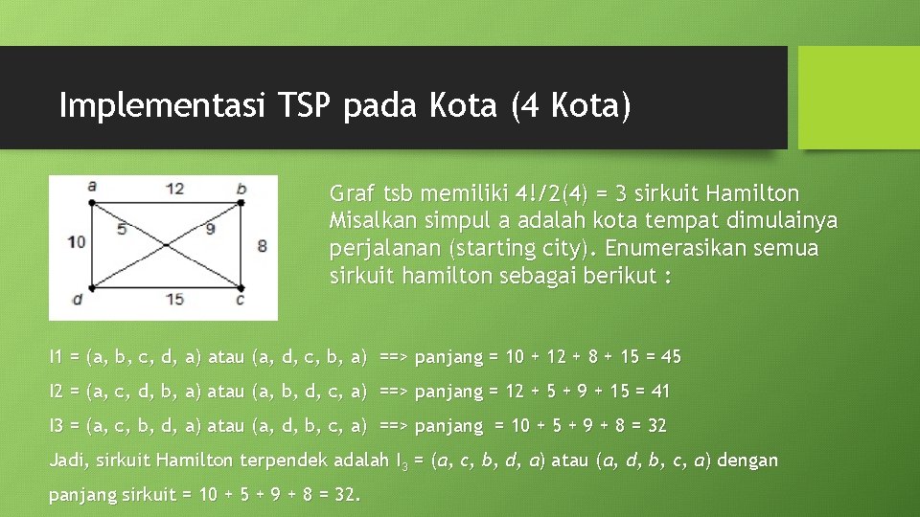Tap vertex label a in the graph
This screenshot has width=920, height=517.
[x=91, y=186]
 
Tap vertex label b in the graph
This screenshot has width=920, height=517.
[x=241, y=188]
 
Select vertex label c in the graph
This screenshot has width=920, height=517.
[x=241, y=300]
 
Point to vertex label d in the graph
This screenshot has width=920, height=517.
[x=76, y=300]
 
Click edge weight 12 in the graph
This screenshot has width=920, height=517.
[x=174, y=189]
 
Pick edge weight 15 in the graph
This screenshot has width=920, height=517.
[x=173, y=300]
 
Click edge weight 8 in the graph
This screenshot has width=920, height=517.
[x=262, y=246]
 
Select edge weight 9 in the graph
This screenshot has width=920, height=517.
[x=210, y=229]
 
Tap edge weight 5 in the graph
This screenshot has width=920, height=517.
[x=122, y=229]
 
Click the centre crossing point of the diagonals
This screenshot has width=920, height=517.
[x=165, y=245]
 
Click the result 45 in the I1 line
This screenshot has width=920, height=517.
[x=671, y=357]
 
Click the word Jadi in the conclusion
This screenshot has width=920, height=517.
[x=66, y=461]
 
